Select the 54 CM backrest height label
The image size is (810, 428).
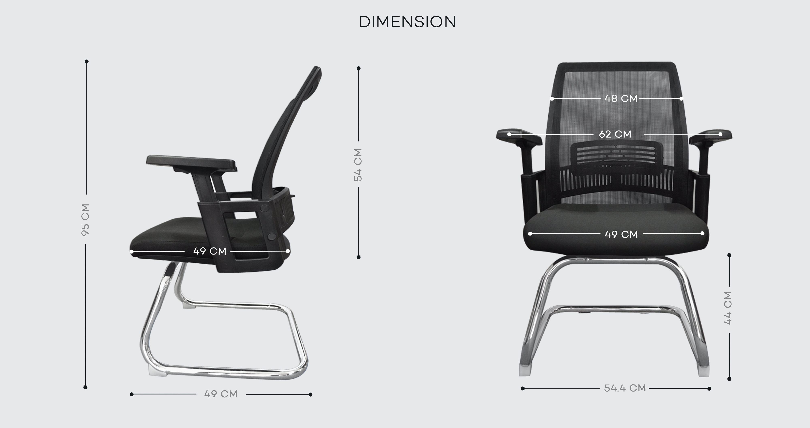358,165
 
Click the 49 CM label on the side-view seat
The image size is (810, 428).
210,251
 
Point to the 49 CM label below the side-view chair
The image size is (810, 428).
221,394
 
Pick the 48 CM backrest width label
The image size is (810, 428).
621,98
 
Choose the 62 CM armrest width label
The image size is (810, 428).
615,134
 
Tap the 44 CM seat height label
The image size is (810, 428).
728,308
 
